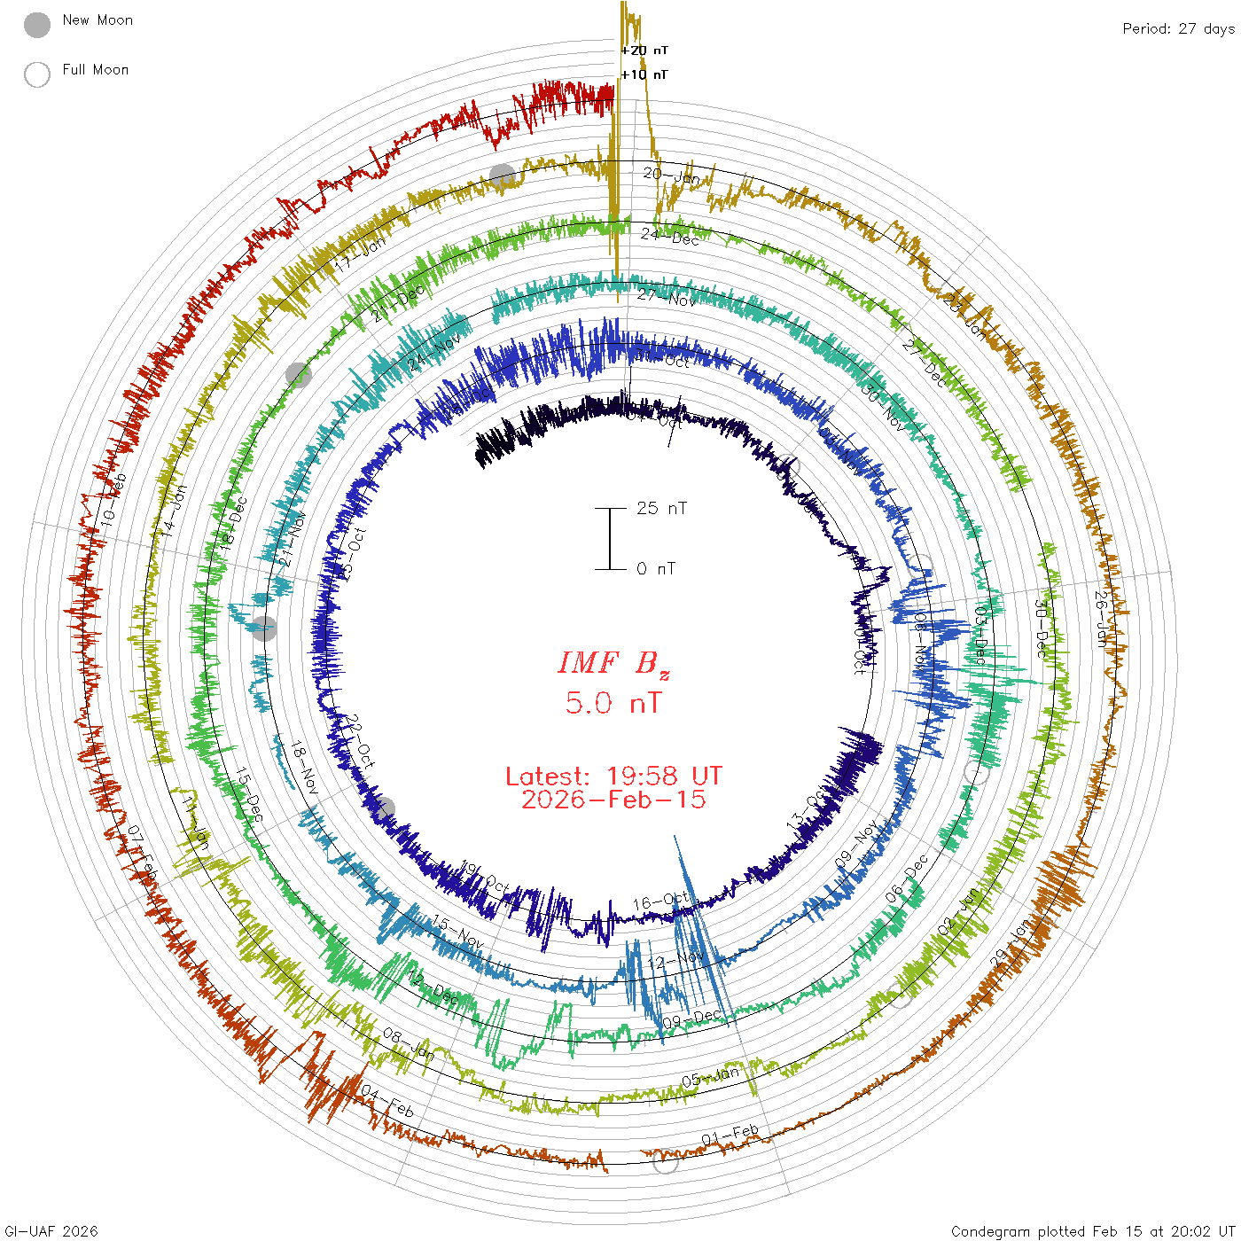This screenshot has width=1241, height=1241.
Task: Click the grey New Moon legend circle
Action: pos(37,26)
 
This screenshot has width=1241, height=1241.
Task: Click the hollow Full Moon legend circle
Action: pos(37,74)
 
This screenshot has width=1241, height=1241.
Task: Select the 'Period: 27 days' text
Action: pos(1178,29)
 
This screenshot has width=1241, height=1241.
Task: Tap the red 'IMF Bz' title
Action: pos(613,663)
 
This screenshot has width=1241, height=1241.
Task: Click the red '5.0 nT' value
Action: pos(613,704)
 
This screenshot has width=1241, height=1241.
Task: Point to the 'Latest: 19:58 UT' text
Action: pos(613,777)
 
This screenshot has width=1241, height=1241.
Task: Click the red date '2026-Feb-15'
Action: pos(613,800)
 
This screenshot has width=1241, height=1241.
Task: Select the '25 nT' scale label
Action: pos(661,509)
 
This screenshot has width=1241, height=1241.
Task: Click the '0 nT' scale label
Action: pos(656,569)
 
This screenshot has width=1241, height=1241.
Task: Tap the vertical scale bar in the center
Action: pos(610,539)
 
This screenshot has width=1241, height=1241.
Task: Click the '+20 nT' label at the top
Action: pos(644,51)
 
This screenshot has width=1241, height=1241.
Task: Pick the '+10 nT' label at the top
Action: pos(644,74)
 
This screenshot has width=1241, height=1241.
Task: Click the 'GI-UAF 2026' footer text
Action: pos(51,1231)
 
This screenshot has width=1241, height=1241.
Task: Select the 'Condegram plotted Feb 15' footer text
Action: pos(1092,1231)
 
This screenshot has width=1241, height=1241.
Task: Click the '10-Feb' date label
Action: pos(113,498)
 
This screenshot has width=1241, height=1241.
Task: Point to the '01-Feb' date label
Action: pos(730,1135)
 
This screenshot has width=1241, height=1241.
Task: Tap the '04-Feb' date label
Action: pos(387,1103)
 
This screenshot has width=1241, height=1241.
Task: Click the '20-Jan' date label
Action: pos(671,176)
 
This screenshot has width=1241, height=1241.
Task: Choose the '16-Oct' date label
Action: pos(660,901)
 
